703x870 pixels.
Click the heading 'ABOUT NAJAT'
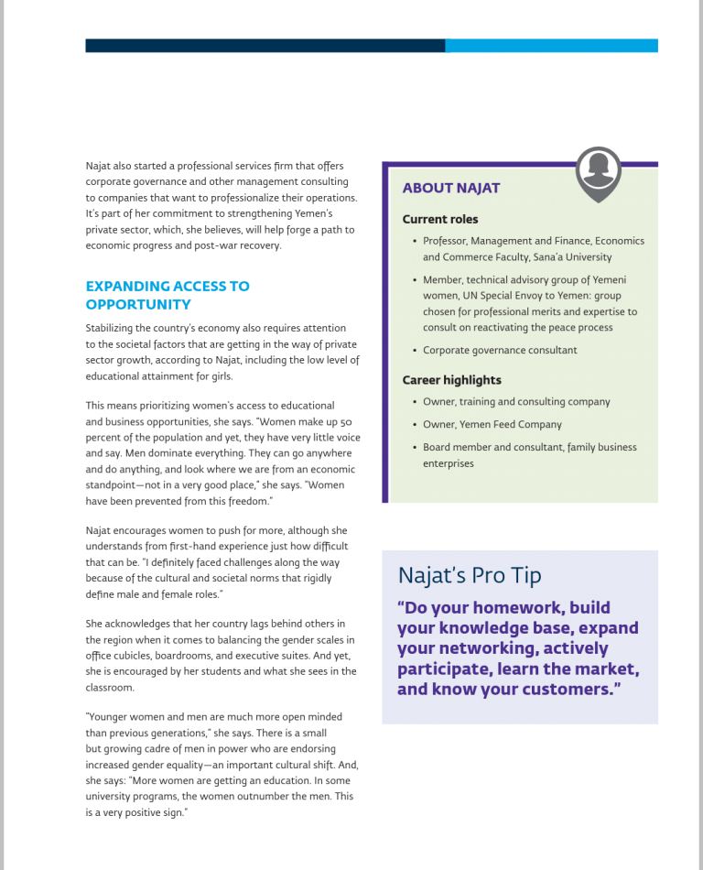coord(451,188)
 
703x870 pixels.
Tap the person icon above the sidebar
coord(599,171)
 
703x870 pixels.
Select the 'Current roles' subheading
coord(439,220)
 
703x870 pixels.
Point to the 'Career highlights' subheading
coord(451,380)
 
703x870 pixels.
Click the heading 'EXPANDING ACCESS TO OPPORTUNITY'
coord(168,295)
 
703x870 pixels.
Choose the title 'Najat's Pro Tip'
coord(470,575)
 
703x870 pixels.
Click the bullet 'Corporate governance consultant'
coord(500,350)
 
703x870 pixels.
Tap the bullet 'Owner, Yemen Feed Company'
coord(492,424)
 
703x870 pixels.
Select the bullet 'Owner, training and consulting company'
coord(516,401)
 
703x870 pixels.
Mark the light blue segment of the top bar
coord(551,45)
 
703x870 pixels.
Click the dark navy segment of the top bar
coord(265,45)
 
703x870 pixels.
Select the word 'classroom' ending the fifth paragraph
coord(110,688)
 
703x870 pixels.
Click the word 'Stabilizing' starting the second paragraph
coord(110,328)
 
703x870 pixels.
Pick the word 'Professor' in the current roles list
coord(445,241)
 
